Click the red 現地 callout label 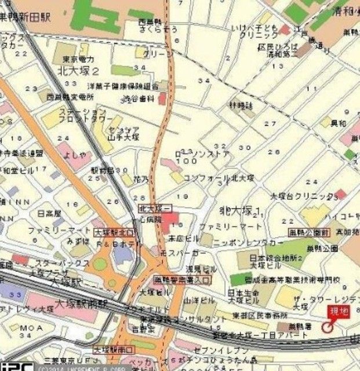[x=339, y=312]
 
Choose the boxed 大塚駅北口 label [x=113, y=232]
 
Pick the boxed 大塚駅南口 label [x=114, y=350]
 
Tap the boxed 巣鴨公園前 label [x=310, y=232]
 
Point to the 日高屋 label [x=49, y=213]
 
